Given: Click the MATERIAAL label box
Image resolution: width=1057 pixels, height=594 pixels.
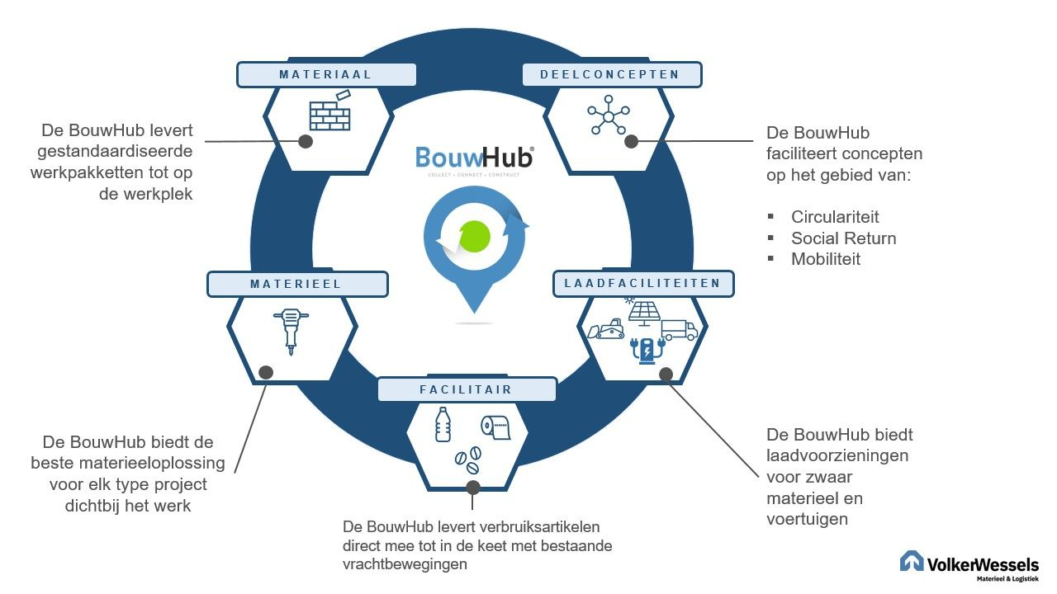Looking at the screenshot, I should pyautogui.click(x=326, y=74).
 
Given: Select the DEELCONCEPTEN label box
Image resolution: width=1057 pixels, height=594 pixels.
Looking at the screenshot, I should pyautogui.click(x=612, y=74).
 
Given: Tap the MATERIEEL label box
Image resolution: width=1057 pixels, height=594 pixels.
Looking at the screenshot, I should pyautogui.click(x=296, y=284).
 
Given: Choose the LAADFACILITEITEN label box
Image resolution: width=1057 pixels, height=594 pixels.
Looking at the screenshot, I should pyautogui.click(x=642, y=283).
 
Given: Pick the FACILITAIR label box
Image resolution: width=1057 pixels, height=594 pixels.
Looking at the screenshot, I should pyautogui.click(x=467, y=389).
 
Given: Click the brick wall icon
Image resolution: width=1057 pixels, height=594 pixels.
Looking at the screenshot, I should pyautogui.click(x=329, y=112).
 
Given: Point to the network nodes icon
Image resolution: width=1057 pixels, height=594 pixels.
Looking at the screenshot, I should pyautogui.click(x=609, y=117).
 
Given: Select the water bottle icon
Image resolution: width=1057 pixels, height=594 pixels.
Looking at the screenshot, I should pyautogui.click(x=443, y=424).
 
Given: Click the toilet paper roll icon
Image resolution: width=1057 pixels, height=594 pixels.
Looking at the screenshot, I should pyautogui.click(x=495, y=427).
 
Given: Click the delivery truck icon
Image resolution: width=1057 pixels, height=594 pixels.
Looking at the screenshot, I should pyautogui.click(x=679, y=329).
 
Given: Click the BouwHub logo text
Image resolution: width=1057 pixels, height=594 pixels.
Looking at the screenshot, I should pyautogui.click(x=474, y=158).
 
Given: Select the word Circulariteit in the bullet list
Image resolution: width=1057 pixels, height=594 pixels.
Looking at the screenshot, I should pyautogui.click(x=835, y=217).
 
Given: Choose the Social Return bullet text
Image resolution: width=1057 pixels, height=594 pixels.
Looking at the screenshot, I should pyautogui.click(x=843, y=238).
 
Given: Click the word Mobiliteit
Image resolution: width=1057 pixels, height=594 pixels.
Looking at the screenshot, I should pyautogui.click(x=826, y=259).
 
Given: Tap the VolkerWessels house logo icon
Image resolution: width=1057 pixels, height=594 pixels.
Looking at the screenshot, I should pyautogui.click(x=911, y=561).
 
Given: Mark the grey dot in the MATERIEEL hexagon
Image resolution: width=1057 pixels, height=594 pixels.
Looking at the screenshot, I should pyautogui.click(x=266, y=372).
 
